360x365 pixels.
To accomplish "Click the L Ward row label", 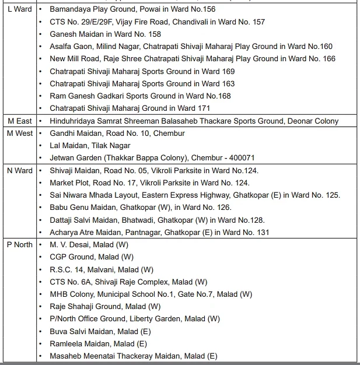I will (x=19, y=9).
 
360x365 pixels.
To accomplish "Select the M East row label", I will (x=19, y=121).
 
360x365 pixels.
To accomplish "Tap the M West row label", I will (x=20, y=133).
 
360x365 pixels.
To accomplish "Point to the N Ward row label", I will (x=20, y=170).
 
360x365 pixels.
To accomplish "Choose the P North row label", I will (x=20, y=244).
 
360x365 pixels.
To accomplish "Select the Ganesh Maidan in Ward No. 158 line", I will (x=105, y=34).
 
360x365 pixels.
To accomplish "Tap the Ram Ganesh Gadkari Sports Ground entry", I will (x=140, y=96).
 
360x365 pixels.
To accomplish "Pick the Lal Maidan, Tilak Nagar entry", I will (x=90, y=146).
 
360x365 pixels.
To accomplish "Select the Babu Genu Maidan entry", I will (x=140, y=208).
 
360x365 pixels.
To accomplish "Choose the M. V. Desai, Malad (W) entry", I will (x=89, y=245).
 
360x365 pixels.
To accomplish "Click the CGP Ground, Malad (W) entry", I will (x=92, y=257).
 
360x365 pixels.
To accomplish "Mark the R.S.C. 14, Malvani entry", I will (x=102, y=269).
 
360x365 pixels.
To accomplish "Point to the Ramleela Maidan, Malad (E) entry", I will (x=99, y=343).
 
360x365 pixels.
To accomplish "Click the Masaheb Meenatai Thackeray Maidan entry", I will (x=133, y=356).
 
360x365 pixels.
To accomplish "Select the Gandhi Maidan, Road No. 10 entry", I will (x=117, y=134).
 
